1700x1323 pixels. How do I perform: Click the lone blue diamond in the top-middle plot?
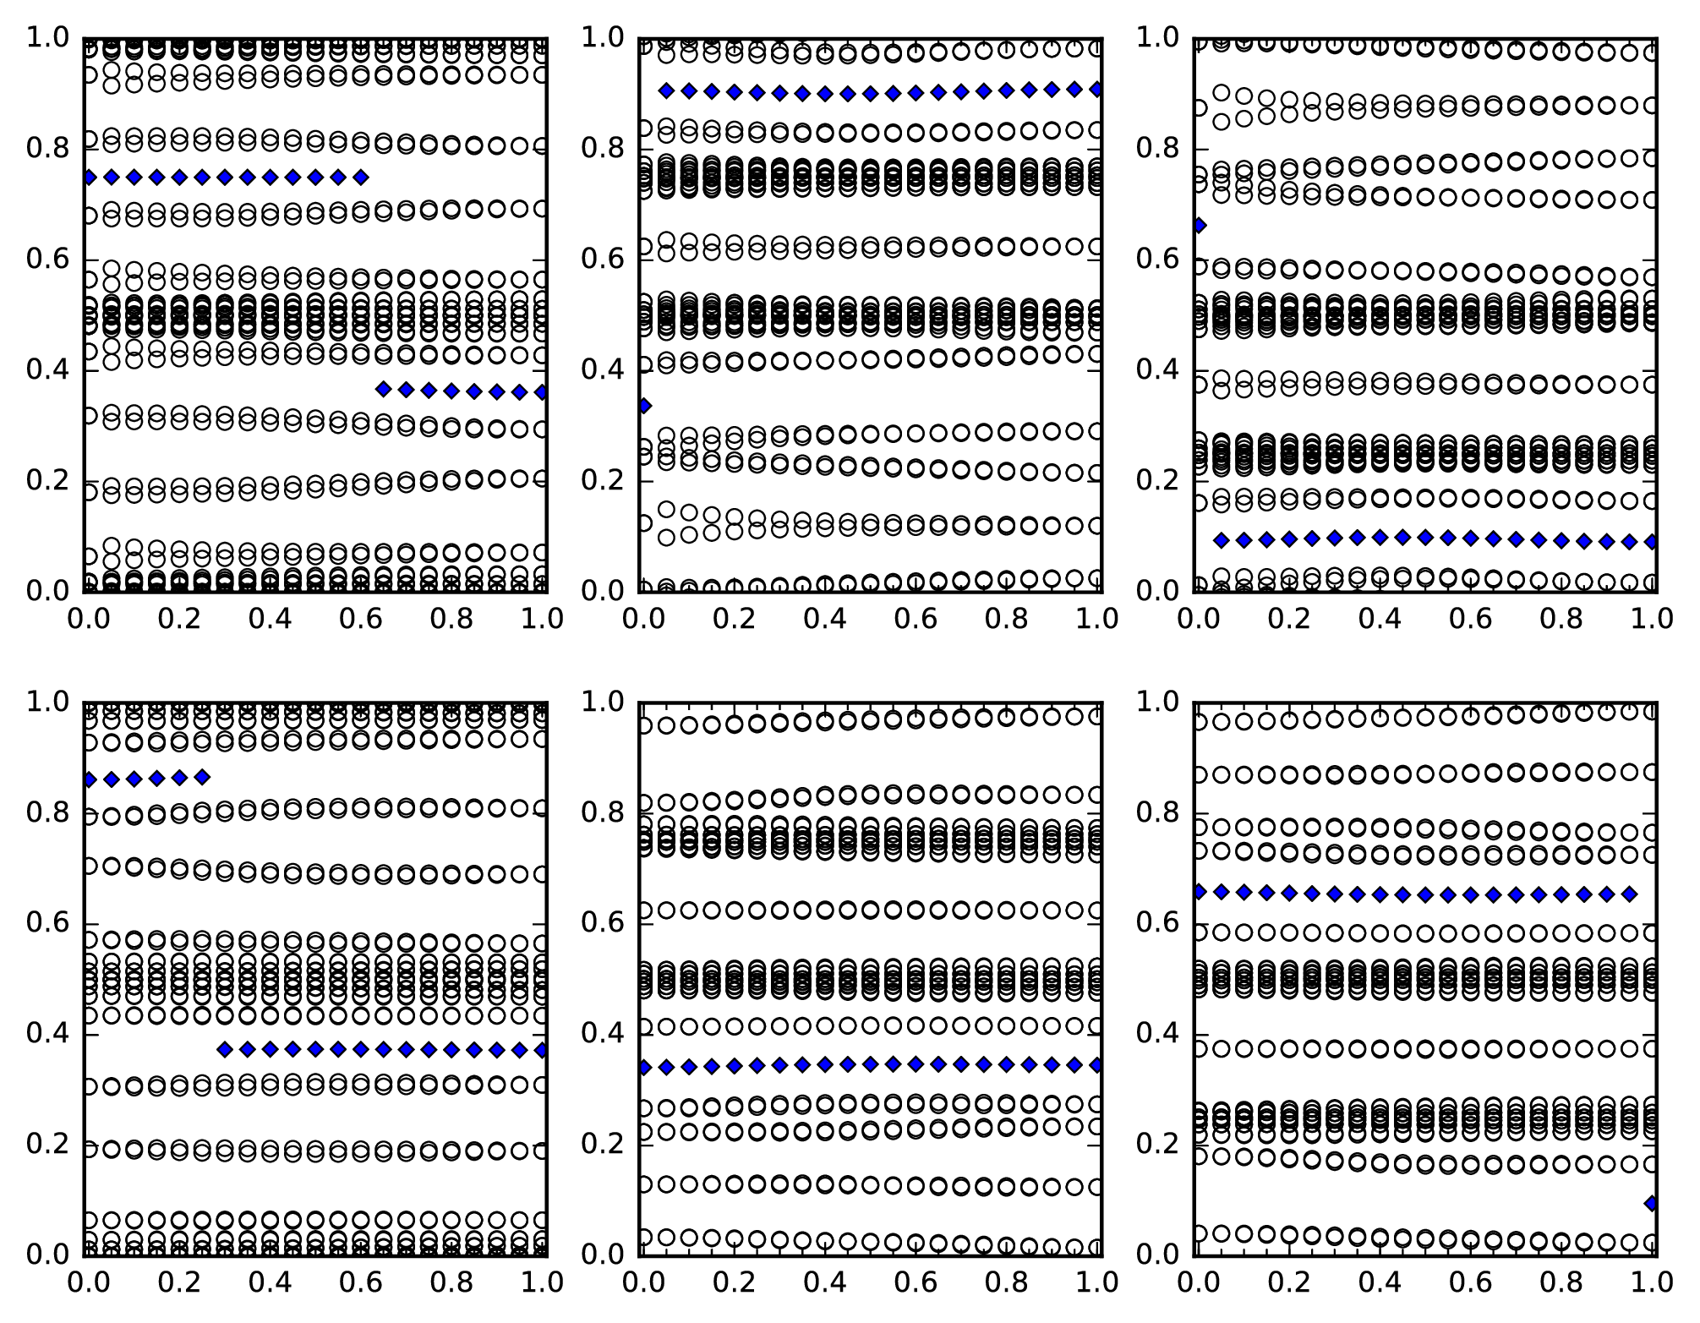[644, 406]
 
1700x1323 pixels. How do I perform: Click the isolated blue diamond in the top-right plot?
[1200, 226]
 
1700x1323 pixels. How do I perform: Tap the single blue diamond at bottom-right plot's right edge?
[1652, 1204]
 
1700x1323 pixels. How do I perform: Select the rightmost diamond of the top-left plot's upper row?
[361, 178]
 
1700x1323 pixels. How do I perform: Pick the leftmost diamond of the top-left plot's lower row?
[384, 390]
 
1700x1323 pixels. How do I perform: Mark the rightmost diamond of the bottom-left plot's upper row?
[202, 777]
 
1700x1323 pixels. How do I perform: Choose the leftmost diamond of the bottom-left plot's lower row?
[225, 1050]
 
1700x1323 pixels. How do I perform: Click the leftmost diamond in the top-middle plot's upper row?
[667, 90]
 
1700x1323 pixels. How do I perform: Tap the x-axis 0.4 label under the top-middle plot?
[824, 619]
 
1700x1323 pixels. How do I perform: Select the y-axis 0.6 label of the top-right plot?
[1157, 260]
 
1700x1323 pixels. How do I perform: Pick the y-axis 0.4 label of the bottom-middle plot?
[602, 1034]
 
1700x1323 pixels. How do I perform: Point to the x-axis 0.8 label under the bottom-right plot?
[1561, 1282]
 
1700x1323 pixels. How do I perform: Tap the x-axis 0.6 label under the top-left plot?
[361, 619]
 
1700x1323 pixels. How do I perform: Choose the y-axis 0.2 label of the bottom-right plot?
[1157, 1144]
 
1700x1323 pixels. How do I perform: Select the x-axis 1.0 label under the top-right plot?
[1652, 619]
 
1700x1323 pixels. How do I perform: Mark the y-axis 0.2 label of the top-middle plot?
[602, 481]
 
